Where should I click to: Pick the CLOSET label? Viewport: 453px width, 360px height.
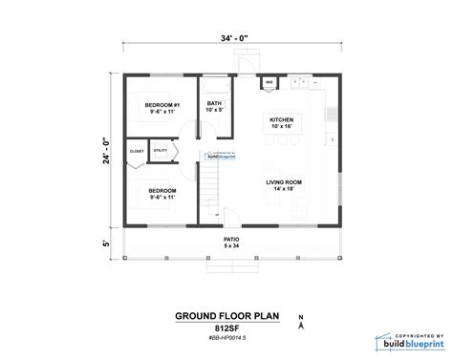[x=138, y=151]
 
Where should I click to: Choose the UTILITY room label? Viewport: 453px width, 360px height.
[x=160, y=150]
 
